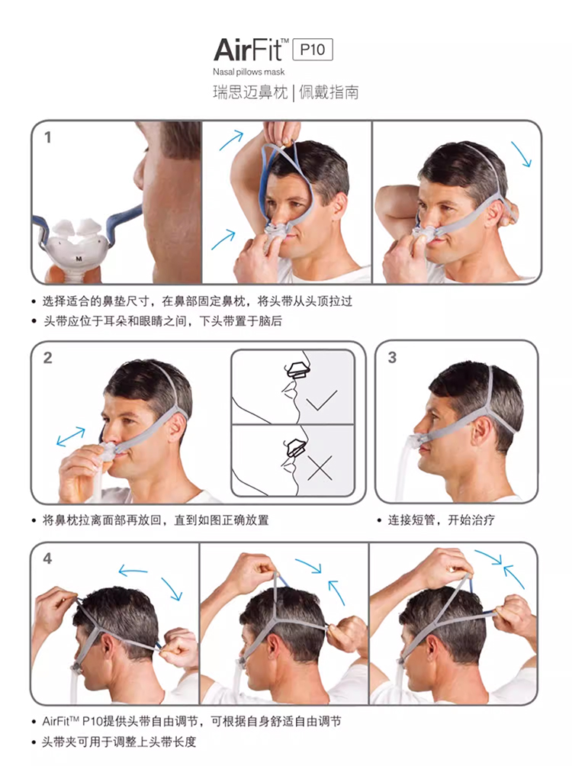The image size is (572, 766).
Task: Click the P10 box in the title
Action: pos(313,50)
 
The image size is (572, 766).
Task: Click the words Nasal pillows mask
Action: pos(249,72)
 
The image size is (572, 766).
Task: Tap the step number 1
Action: pos(47,138)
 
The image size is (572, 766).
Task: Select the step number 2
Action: pos(47,358)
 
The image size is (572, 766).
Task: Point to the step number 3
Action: pos(392,358)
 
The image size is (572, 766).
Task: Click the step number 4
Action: pos(47,558)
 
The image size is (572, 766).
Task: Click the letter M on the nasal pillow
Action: pos(79,259)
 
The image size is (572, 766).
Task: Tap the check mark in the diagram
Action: pos(321,400)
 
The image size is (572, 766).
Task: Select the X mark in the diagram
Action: pos(320,468)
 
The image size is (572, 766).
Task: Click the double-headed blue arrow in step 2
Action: pos(71,436)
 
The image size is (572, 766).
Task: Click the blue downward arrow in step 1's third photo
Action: pos(521,154)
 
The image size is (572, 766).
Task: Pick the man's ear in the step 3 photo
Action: pos(482,426)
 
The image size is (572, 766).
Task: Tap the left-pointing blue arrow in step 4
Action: pos(133,571)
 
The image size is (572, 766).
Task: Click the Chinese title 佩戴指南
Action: pos(329,92)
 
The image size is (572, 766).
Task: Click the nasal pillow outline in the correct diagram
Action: pos(297,369)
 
